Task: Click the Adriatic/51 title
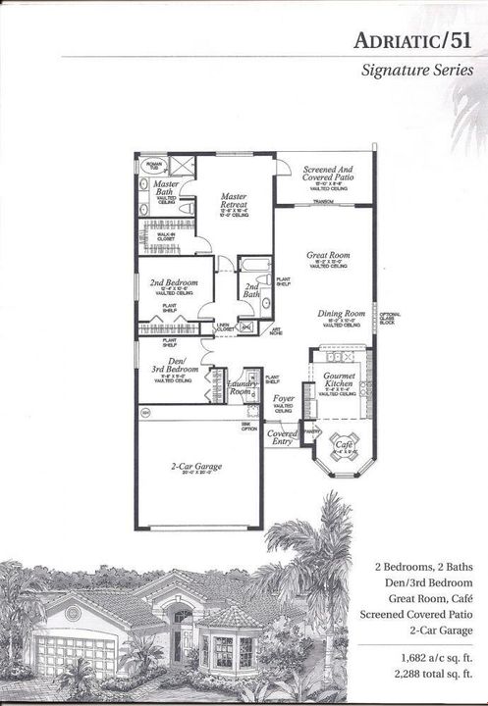click(x=415, y=38)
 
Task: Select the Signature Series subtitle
click(x=417, y=71)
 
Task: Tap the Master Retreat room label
click(x=233, y=199)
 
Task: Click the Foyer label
click(x=284, y=399)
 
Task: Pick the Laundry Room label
click(x=241, y=386)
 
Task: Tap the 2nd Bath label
click(x=250, y=291)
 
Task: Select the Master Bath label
click(x=165, y=188)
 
